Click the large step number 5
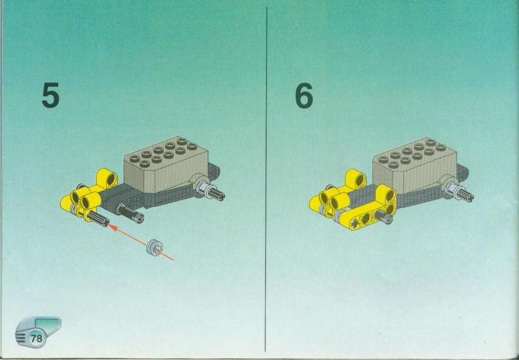(x=51, y=95)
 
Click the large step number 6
(x=304, y=95)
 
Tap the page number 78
(x=37, y=339)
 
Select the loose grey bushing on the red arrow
(x=154, y=246)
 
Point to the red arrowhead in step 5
(x=112, y=227)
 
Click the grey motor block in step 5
(x=166, y=164)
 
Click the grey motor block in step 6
(x=415, y=165)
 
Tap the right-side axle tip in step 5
(x=218, y=195)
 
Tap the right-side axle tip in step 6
(x=467, y=195)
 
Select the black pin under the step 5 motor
(x=130, y=213)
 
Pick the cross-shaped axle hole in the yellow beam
(x=357, y=223)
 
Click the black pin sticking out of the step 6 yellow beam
(x=384, y=217)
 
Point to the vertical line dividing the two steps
(x=266, y=179)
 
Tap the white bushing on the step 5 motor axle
(x=201, y=186)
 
